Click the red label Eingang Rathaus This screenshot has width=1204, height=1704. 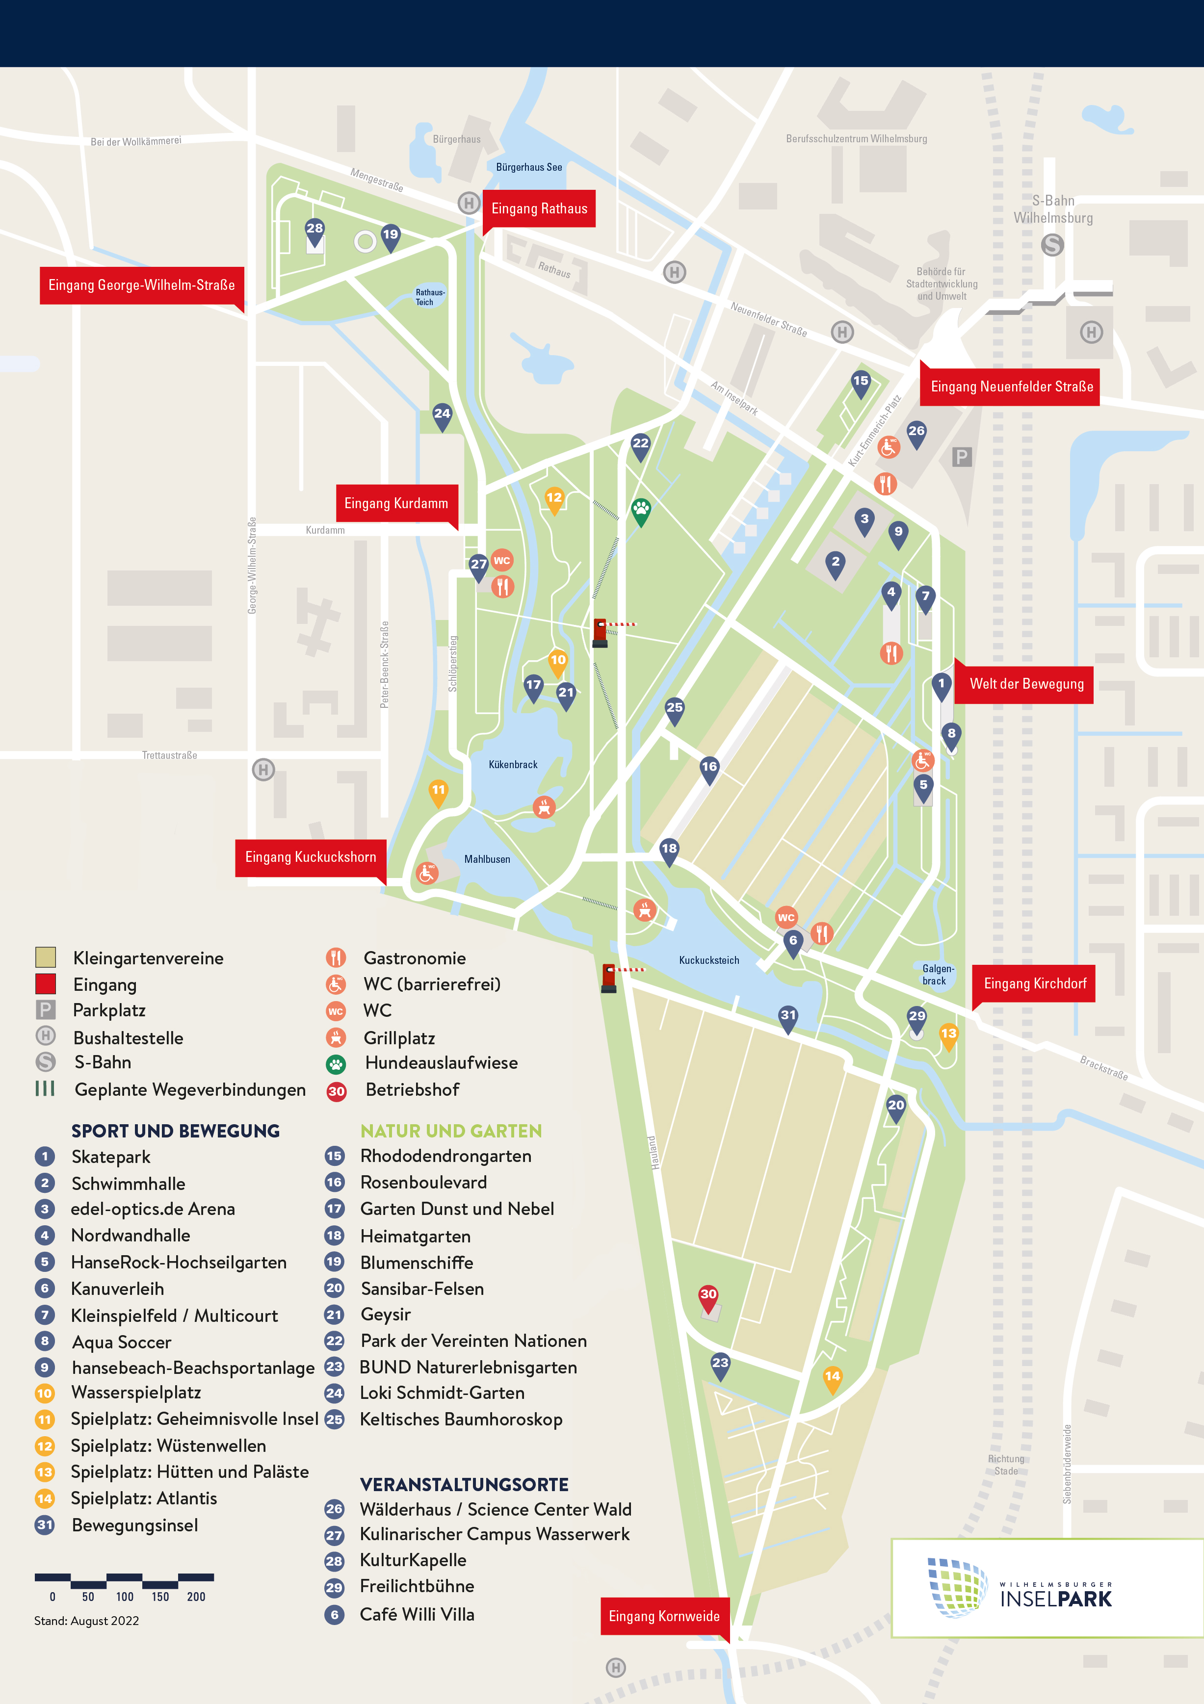coord(539,208)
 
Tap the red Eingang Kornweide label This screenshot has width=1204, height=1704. coord(664,1616)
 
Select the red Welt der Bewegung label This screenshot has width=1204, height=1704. coord(1026,684)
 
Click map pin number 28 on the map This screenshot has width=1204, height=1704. coord(314,230)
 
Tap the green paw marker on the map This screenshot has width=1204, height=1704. coord(641,509)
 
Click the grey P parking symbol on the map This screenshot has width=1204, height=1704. coord(961,457)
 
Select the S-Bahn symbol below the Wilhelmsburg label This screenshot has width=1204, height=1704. coord(1052,245)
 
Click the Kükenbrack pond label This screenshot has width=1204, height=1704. coord(513,764)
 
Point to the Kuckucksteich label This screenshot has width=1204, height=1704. coord(709,960)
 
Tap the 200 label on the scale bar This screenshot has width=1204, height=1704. coord(196,1597)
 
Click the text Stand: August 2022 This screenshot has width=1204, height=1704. coord(87,1620)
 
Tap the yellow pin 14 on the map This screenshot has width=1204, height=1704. coord(832,1377)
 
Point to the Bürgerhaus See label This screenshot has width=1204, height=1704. coord(528,167)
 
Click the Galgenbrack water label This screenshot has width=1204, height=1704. coord(937,975)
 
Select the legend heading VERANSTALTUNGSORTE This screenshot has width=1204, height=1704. coord(464,1484)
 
